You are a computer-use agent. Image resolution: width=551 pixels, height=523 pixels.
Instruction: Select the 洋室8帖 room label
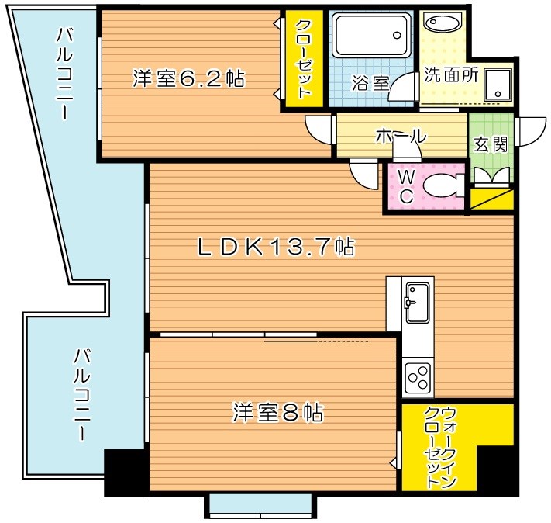[x=277, y=412]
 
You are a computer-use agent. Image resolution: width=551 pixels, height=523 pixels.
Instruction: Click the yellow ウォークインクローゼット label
[x=439, y=448]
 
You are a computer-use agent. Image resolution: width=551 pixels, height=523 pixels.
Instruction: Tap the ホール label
[x=400, y=136]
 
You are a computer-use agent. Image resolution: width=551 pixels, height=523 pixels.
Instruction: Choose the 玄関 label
[x=490, y=144]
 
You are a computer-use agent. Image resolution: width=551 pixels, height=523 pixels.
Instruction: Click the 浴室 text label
[x=369, y=83]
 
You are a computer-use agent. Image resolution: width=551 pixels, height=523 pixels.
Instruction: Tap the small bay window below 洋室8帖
[x=260, y=505]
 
